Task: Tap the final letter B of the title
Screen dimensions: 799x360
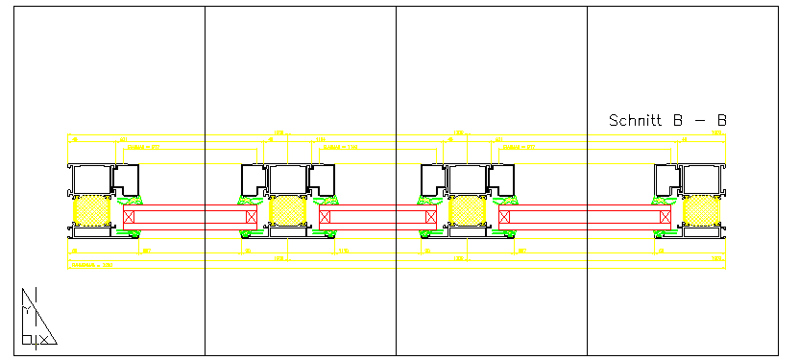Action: coord(721,121)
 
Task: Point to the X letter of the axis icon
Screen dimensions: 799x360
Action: coord(37,338)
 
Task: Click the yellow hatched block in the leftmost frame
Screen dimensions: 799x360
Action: coord(92,210)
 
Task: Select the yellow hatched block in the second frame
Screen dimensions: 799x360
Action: coord(286,210)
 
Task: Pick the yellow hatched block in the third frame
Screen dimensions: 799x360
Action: coord(468,210)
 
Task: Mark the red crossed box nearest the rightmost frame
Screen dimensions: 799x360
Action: coord(666,217)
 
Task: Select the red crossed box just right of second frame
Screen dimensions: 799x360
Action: coord(325,217)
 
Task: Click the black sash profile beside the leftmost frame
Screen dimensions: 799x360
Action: coord(126,179)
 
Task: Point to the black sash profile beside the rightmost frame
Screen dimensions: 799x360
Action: coord(667,179)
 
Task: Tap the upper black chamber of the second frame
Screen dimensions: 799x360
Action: coord(286,179)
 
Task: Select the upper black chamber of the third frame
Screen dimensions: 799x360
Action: coord(468,179)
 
